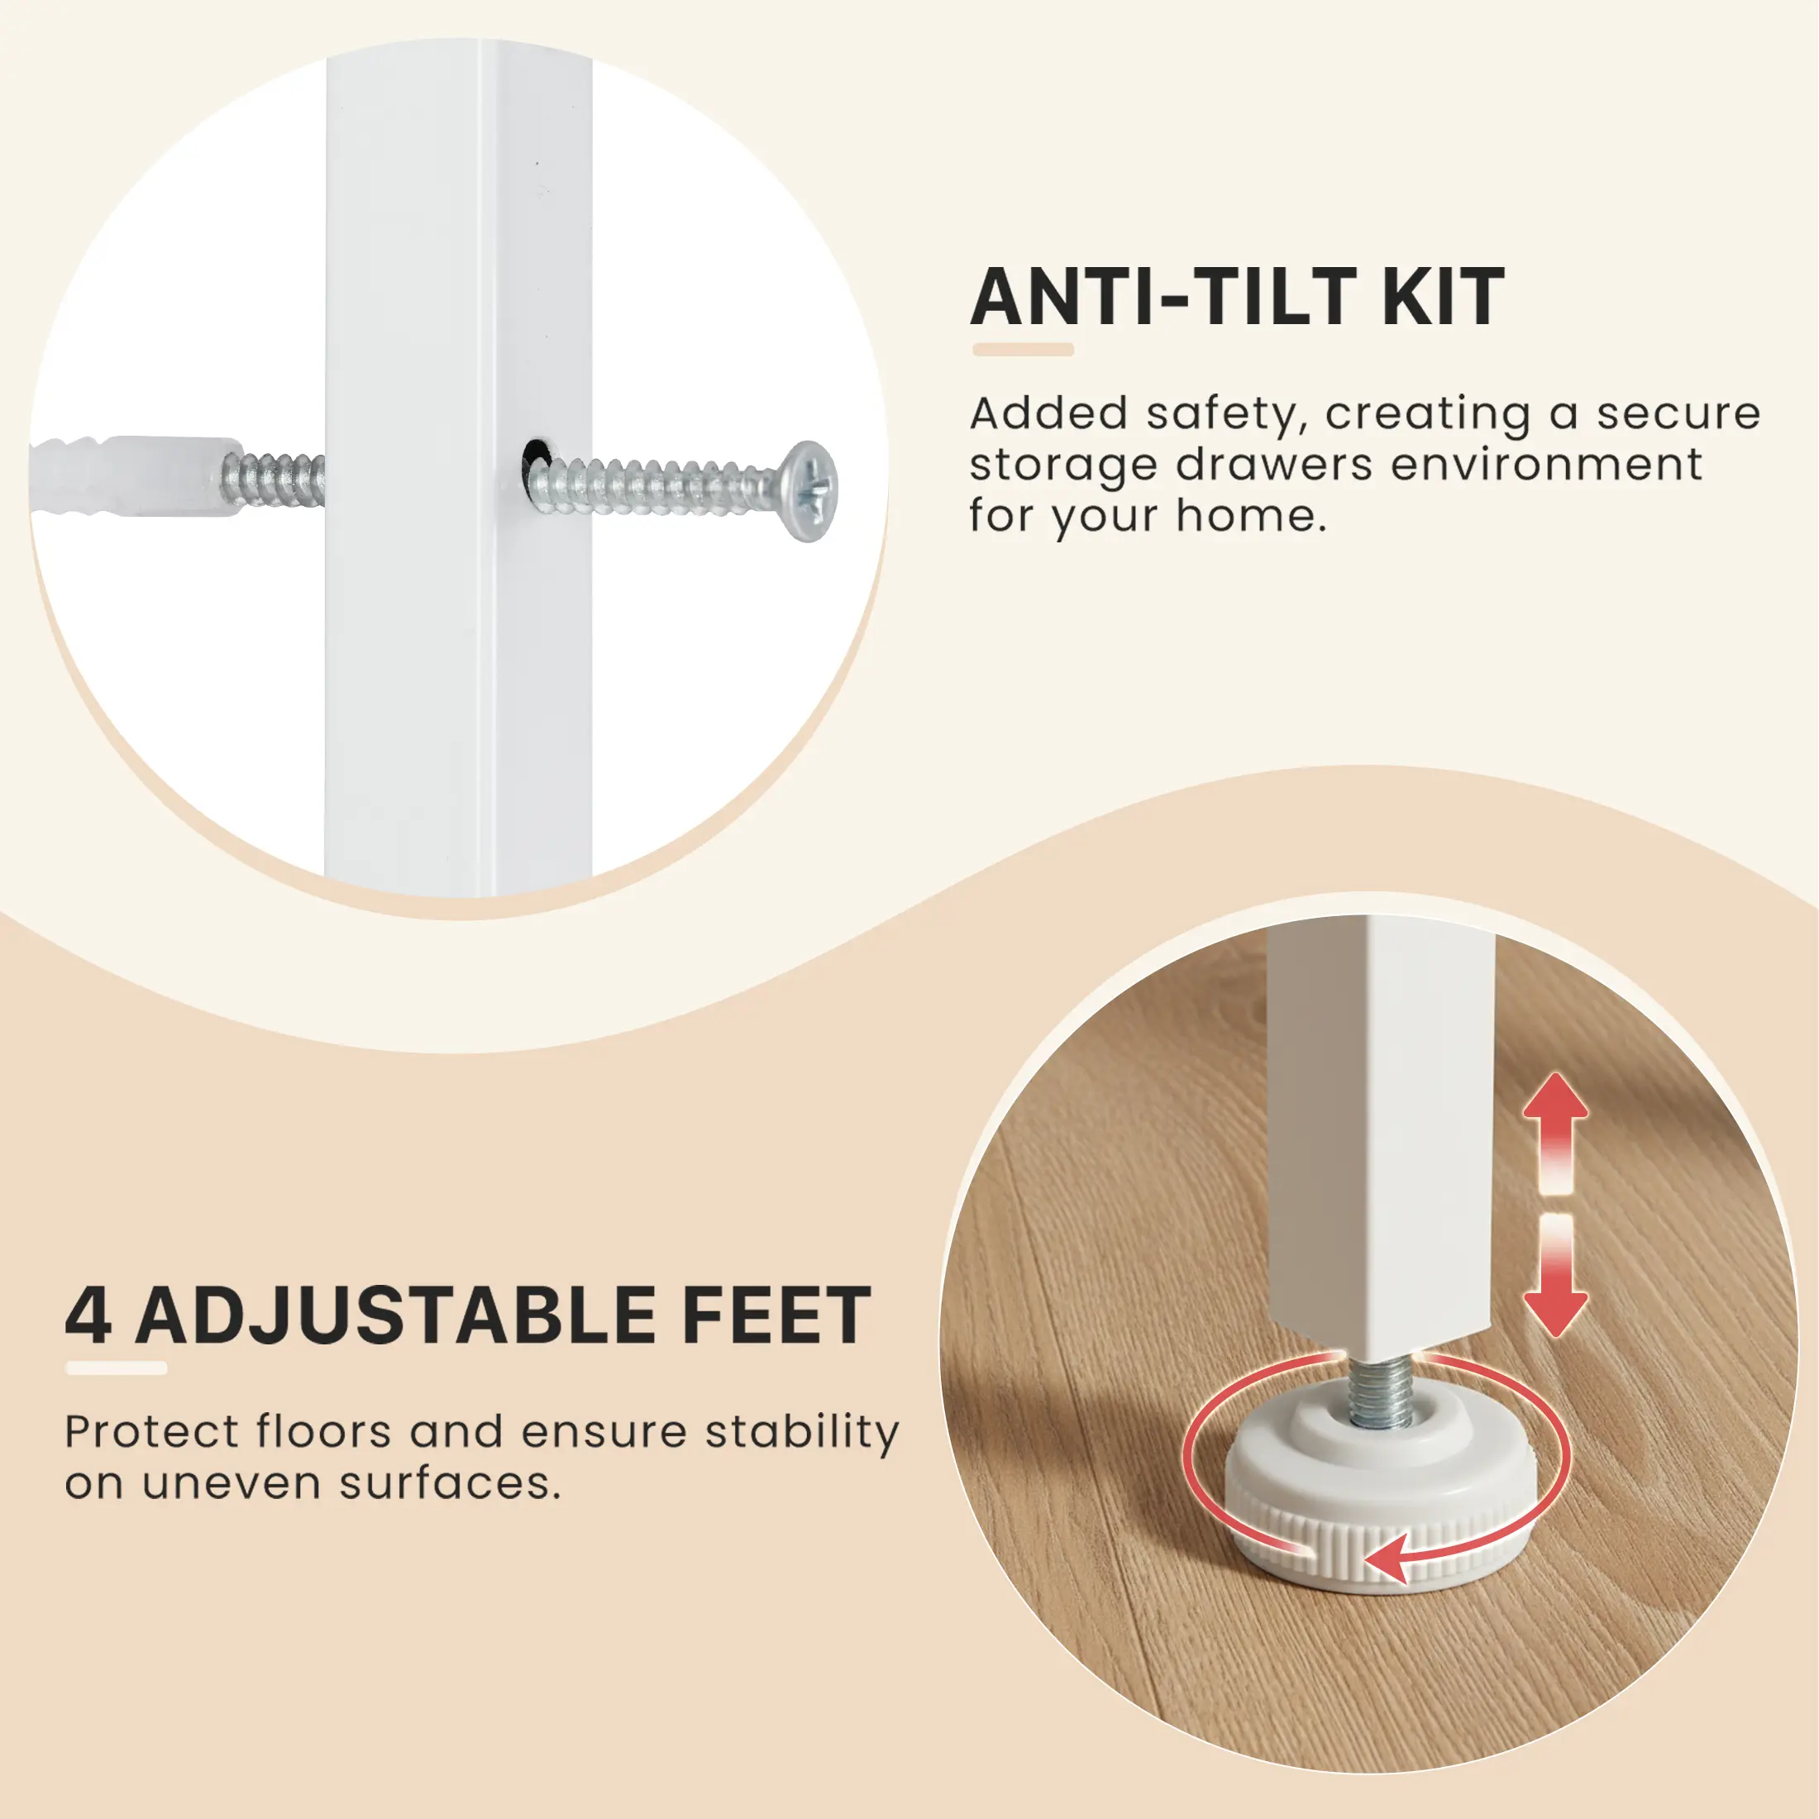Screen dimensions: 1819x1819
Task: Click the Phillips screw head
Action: coord(809,490)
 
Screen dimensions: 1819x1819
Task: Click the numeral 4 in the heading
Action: coord(88,1315)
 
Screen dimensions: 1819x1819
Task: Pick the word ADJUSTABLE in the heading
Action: coord(396,1315)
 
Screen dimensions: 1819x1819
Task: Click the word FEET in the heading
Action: coord(776,1315)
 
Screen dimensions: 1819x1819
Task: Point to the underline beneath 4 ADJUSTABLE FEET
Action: coord(117,1368)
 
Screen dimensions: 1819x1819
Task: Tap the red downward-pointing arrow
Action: coord(1556,1275)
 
